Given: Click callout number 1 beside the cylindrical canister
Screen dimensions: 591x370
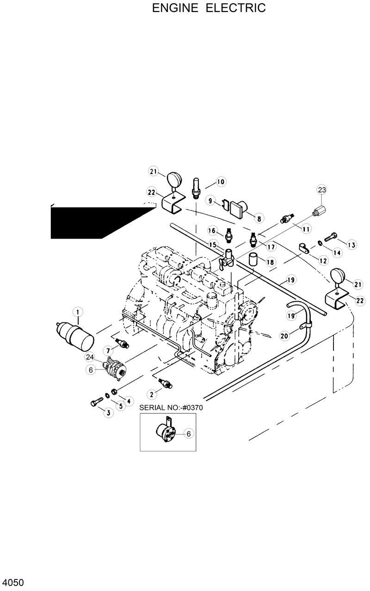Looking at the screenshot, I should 78,313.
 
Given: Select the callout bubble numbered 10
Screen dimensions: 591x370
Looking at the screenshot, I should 220,182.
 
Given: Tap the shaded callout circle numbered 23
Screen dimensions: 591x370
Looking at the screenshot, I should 321,190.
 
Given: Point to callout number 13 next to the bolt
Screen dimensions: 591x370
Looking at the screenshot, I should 352,245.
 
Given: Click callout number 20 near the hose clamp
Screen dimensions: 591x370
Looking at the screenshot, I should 285,336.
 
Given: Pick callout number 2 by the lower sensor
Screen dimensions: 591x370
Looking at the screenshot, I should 151,394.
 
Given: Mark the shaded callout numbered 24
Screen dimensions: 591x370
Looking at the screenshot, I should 89,356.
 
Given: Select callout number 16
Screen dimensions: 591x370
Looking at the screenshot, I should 211,230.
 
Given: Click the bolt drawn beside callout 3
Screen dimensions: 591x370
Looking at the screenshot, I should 96,403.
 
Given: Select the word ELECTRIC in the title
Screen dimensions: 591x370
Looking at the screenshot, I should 236,8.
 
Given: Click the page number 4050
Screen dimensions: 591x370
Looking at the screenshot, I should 12,582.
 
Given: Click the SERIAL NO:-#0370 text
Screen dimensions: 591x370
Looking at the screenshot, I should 171,408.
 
